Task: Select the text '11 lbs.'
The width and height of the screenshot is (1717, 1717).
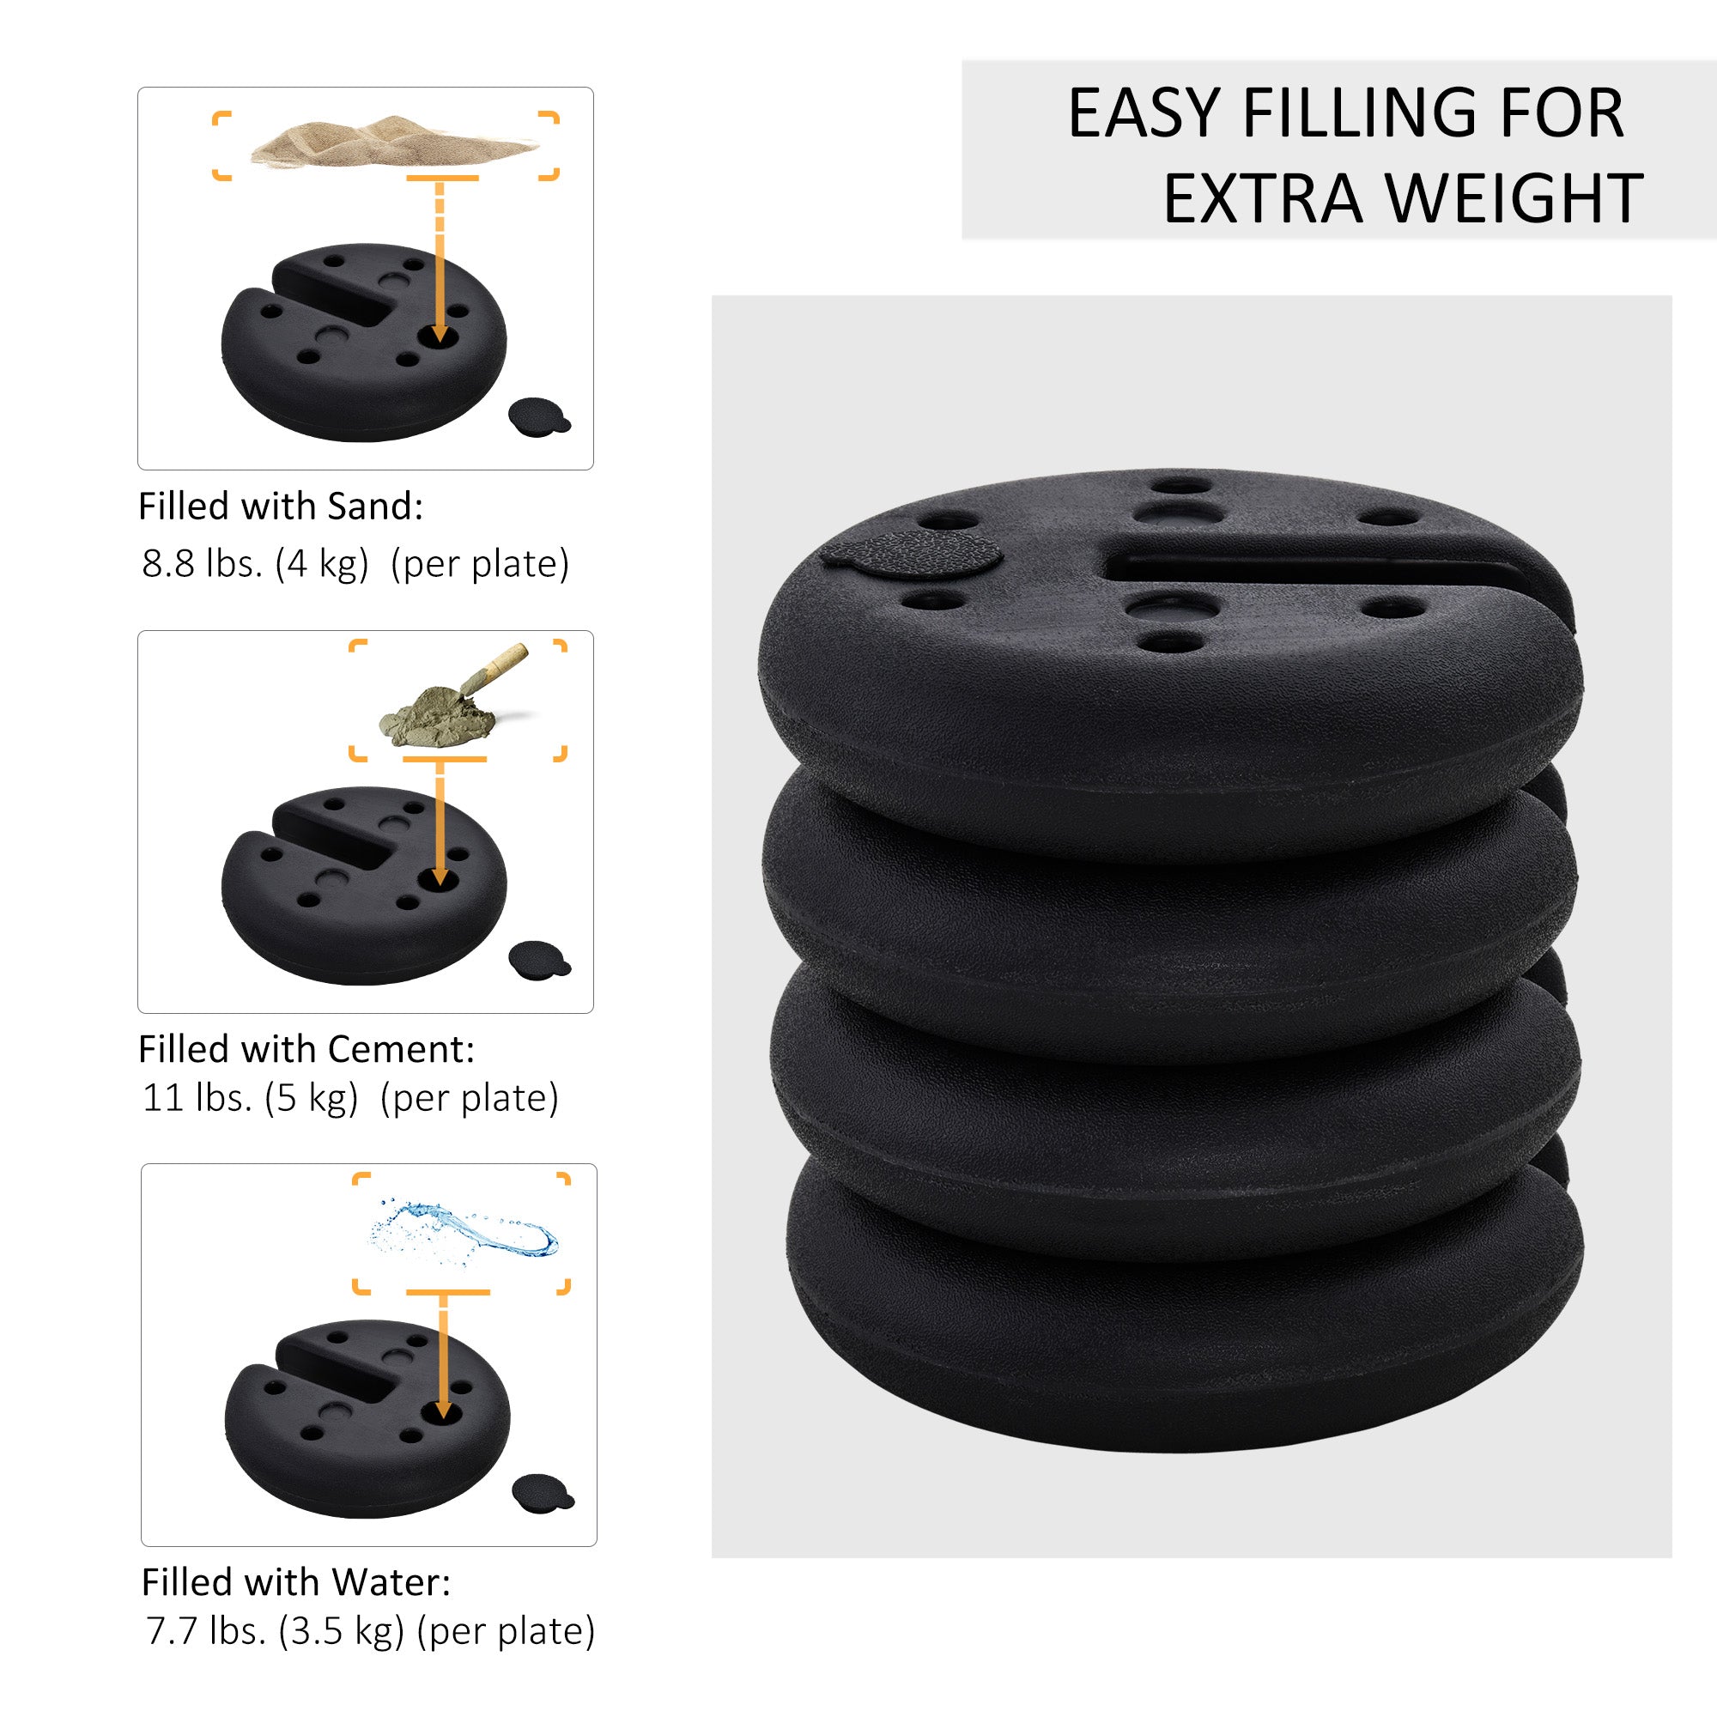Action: pyautogui.click(x=197, y=1099)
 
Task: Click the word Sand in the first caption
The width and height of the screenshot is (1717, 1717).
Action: pyautogui.click(x=373, y=507)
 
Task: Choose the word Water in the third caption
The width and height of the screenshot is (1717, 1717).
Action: pyautogui.click(x=390, y=1583)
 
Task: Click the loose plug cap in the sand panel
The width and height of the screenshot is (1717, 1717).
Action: pyautogui.click(x=537, y=415)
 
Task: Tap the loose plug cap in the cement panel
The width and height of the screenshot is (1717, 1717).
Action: pyautogui.click(x=537, y=959)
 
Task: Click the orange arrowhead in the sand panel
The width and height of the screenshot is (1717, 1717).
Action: pyautogui.click(x=438, y=334)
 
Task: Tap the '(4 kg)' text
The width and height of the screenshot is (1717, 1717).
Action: pyautogui.click(x=322, y=564)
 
